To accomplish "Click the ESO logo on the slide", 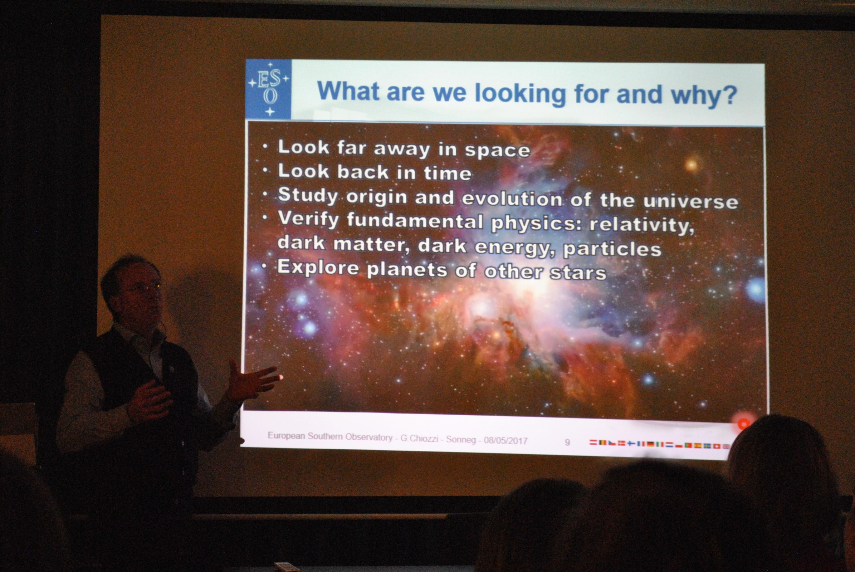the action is pyautogui.click(x=268, y=89).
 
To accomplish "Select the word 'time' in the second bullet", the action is pyautogui.click(x=448, y=173).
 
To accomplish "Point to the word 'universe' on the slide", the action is pyautogui.click(x=691, y=202).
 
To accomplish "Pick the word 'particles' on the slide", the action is pyautogui.click(x=612, y=249).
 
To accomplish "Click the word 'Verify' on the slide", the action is pyautogui.click(x=309, y=219).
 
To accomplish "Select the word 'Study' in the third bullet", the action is pyautogui.click(x=308, y=196).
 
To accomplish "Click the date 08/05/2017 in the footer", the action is pyautogui.click(x=505, y=441).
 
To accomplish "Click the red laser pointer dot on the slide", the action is pyautogui.click(x=743, y=424).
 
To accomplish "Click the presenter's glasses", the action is pyautogui.click(x=144, y=287).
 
